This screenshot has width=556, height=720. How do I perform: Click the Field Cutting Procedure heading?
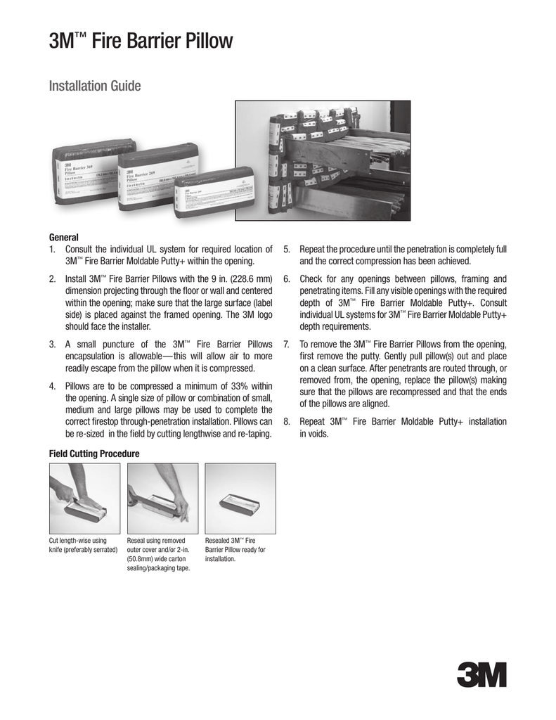point(94,454)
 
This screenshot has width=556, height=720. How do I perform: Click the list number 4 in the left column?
point(53,385)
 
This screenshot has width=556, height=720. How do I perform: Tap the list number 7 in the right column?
point(287,343)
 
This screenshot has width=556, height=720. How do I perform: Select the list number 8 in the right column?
point(287,422)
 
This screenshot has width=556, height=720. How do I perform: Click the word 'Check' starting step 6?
point(313,280)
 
